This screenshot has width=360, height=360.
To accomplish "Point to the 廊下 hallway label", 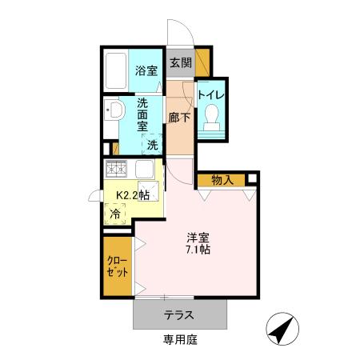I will point(180,118).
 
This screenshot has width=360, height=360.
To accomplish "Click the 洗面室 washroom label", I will point(142,114).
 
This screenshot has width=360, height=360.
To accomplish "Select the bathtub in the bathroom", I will point(116,72).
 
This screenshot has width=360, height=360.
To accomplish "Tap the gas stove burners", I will point(117,168).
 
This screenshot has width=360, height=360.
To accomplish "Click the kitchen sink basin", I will point(145,170).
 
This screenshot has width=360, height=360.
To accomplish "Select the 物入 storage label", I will point(222,180).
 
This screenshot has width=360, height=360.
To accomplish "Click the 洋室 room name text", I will point(199,237).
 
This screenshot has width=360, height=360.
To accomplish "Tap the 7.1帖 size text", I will point(199,250).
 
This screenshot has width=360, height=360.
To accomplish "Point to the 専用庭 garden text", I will point(179,340).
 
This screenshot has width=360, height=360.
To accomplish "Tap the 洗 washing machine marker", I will point(151,145).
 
